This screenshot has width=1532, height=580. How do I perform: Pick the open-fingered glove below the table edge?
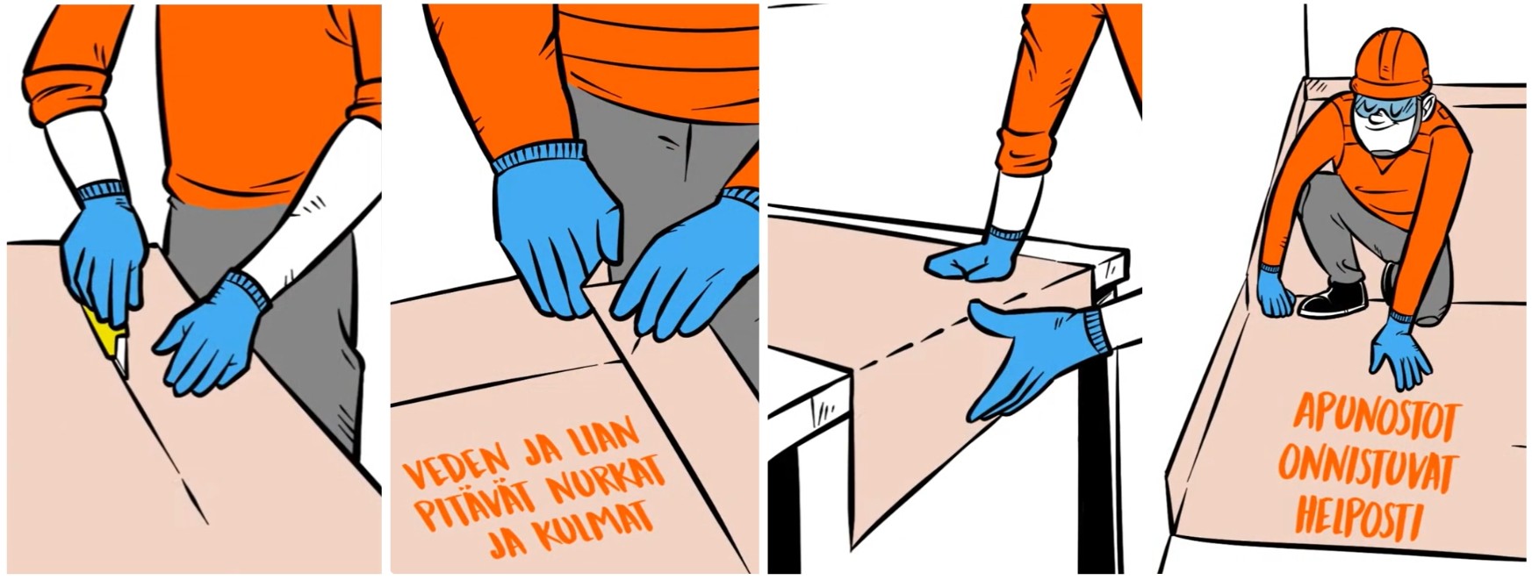(1036, 355)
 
